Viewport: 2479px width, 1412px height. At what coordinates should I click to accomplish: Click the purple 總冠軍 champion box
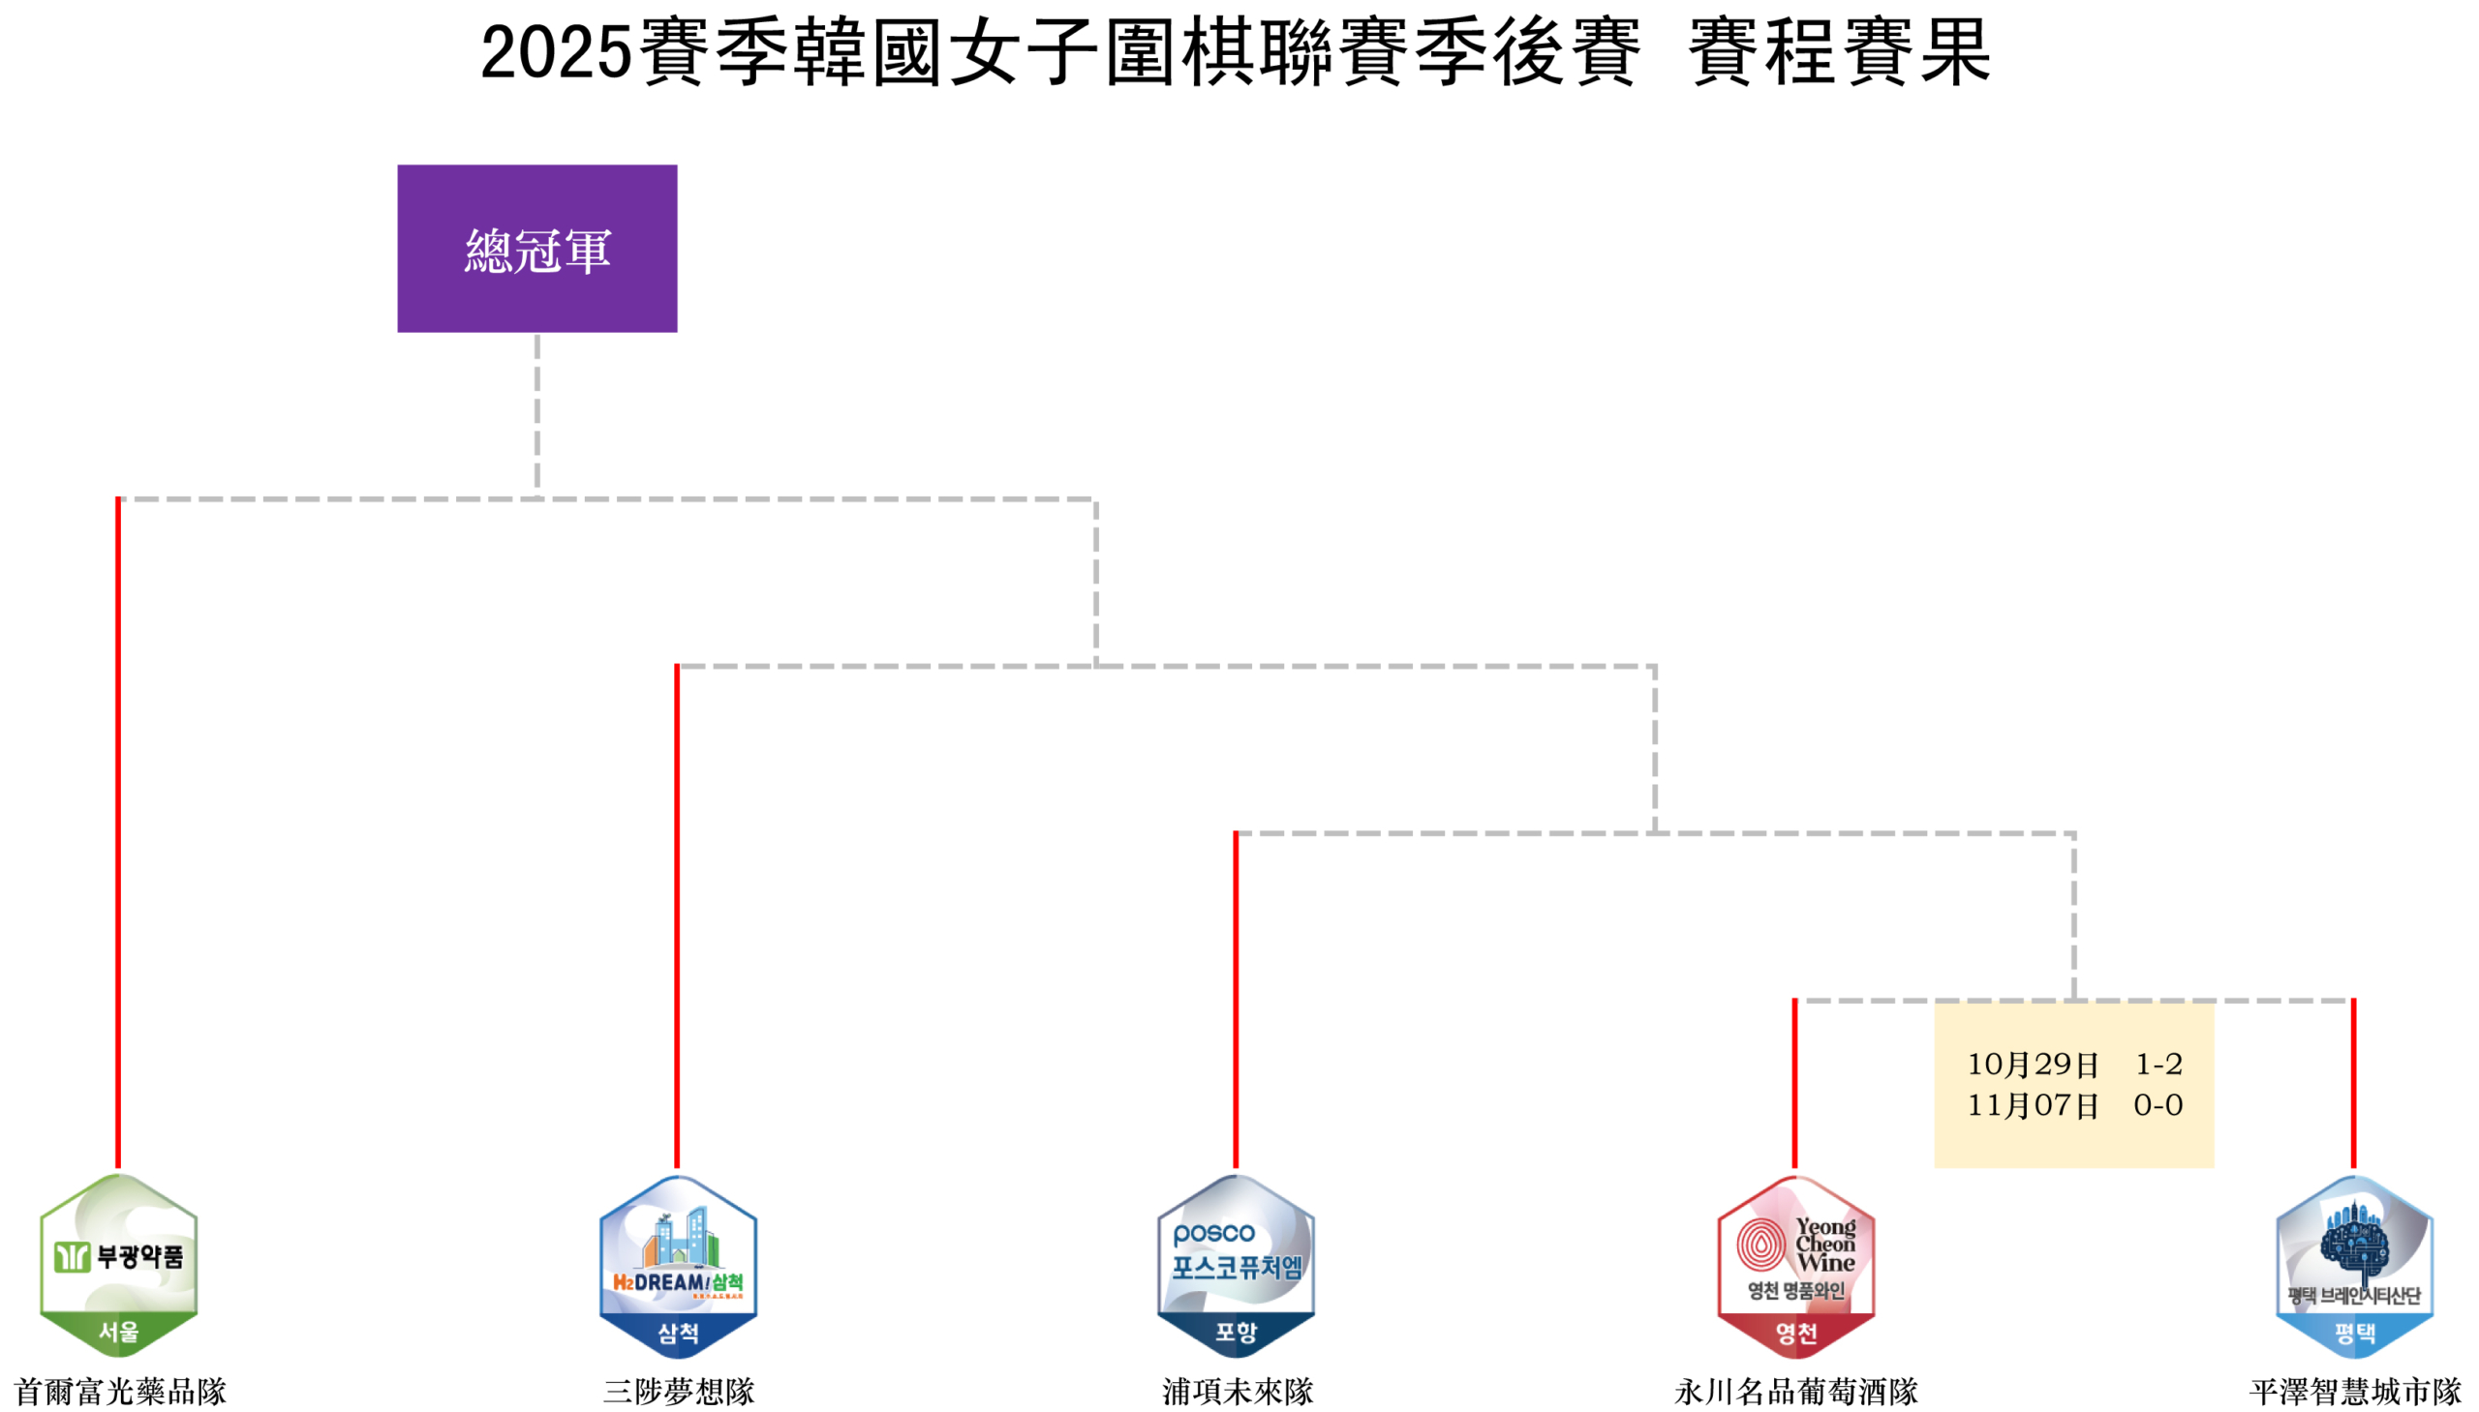[x=536, y=249]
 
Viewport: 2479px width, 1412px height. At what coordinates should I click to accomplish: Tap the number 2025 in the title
[x=555, y=52]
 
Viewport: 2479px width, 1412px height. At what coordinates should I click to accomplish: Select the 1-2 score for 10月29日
[x=2158, y=1064]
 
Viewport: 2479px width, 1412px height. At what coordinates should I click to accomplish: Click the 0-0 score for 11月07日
[x=2157, y=1104]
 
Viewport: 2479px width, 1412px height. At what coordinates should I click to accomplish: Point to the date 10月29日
[x=2032, y=1064]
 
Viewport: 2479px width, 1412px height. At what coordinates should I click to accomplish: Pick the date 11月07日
[x=2032, y=1104]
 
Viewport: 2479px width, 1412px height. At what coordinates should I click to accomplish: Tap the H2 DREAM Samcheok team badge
[x=677, y=1265]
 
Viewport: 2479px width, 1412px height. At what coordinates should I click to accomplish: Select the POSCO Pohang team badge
[x=1235, y=1265]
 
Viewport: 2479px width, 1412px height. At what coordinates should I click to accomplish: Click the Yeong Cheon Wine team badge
[x=1795, y=1265]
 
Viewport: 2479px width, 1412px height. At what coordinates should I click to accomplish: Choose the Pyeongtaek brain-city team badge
[x=2354, y=1265]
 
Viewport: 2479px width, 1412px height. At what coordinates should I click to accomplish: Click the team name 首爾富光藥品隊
[x=119, y=1391]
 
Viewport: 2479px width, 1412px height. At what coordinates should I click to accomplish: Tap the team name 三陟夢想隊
[x=678, y=1391]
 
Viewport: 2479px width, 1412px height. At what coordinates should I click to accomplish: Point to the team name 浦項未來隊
[x=1237, y=1391]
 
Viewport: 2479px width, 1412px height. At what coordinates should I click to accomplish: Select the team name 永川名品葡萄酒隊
[x=1795, y=1391]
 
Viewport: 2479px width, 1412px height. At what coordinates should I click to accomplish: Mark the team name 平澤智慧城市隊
[x=2355, y=1391]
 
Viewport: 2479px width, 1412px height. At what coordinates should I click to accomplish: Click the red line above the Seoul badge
[x=118, y=834]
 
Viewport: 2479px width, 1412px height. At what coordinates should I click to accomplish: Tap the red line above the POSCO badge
[x=1235, y=999]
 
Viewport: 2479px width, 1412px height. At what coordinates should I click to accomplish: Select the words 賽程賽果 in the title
[x=1839, y=52]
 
